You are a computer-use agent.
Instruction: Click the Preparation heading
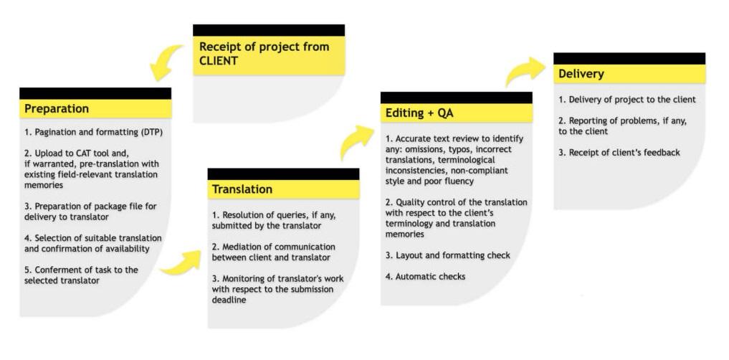(57, 109)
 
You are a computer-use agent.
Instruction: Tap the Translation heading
(242, 189)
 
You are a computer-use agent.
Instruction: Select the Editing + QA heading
(419, 113)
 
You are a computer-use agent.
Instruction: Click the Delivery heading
(581, 74)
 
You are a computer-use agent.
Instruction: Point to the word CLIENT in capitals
(218, 61)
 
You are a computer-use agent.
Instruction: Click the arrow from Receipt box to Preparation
(167, 62)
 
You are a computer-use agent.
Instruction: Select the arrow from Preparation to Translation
(180, 264)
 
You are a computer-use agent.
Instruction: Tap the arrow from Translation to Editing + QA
(356, 141)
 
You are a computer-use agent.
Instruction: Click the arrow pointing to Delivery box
(525, 72)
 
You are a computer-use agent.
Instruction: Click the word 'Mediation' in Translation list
(247, 247)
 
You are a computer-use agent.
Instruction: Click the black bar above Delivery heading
(629, 58)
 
